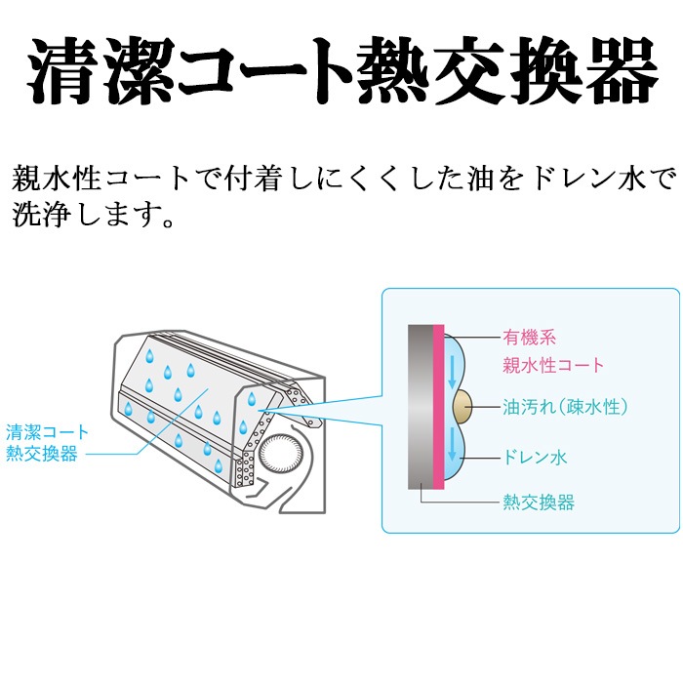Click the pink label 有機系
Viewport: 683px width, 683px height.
[529, 338]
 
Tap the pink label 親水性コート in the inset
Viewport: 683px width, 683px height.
[553, 365]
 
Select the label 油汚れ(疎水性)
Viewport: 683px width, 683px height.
[565, 407]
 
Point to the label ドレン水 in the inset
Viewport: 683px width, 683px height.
[535, 457]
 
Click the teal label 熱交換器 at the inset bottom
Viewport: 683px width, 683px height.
[539, 502]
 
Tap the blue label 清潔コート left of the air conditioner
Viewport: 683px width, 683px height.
[47, 432]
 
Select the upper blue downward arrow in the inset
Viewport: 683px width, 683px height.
[452, 372]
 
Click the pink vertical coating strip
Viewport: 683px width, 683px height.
[438, 407]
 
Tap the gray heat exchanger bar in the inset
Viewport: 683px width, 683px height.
[421, 407]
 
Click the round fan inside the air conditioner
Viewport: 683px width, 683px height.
[281, 454]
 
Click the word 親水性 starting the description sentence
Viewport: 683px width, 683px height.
[56, 179]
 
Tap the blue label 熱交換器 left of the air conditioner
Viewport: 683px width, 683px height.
[41, 454]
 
